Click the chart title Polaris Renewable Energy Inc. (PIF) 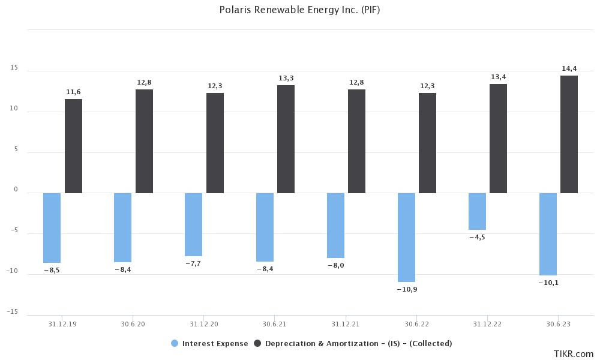299,10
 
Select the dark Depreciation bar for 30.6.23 569,134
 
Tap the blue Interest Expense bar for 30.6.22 406,237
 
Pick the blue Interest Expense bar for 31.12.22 477,211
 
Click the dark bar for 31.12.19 73,146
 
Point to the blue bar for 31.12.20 193,224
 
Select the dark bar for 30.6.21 286,139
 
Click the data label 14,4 569,68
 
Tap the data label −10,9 406,289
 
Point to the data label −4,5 477,237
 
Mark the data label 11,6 73,92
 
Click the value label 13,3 286,78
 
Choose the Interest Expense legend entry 209,344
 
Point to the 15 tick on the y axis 14,68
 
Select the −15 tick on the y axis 13,312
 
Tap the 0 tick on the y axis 16,190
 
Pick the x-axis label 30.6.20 133,324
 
